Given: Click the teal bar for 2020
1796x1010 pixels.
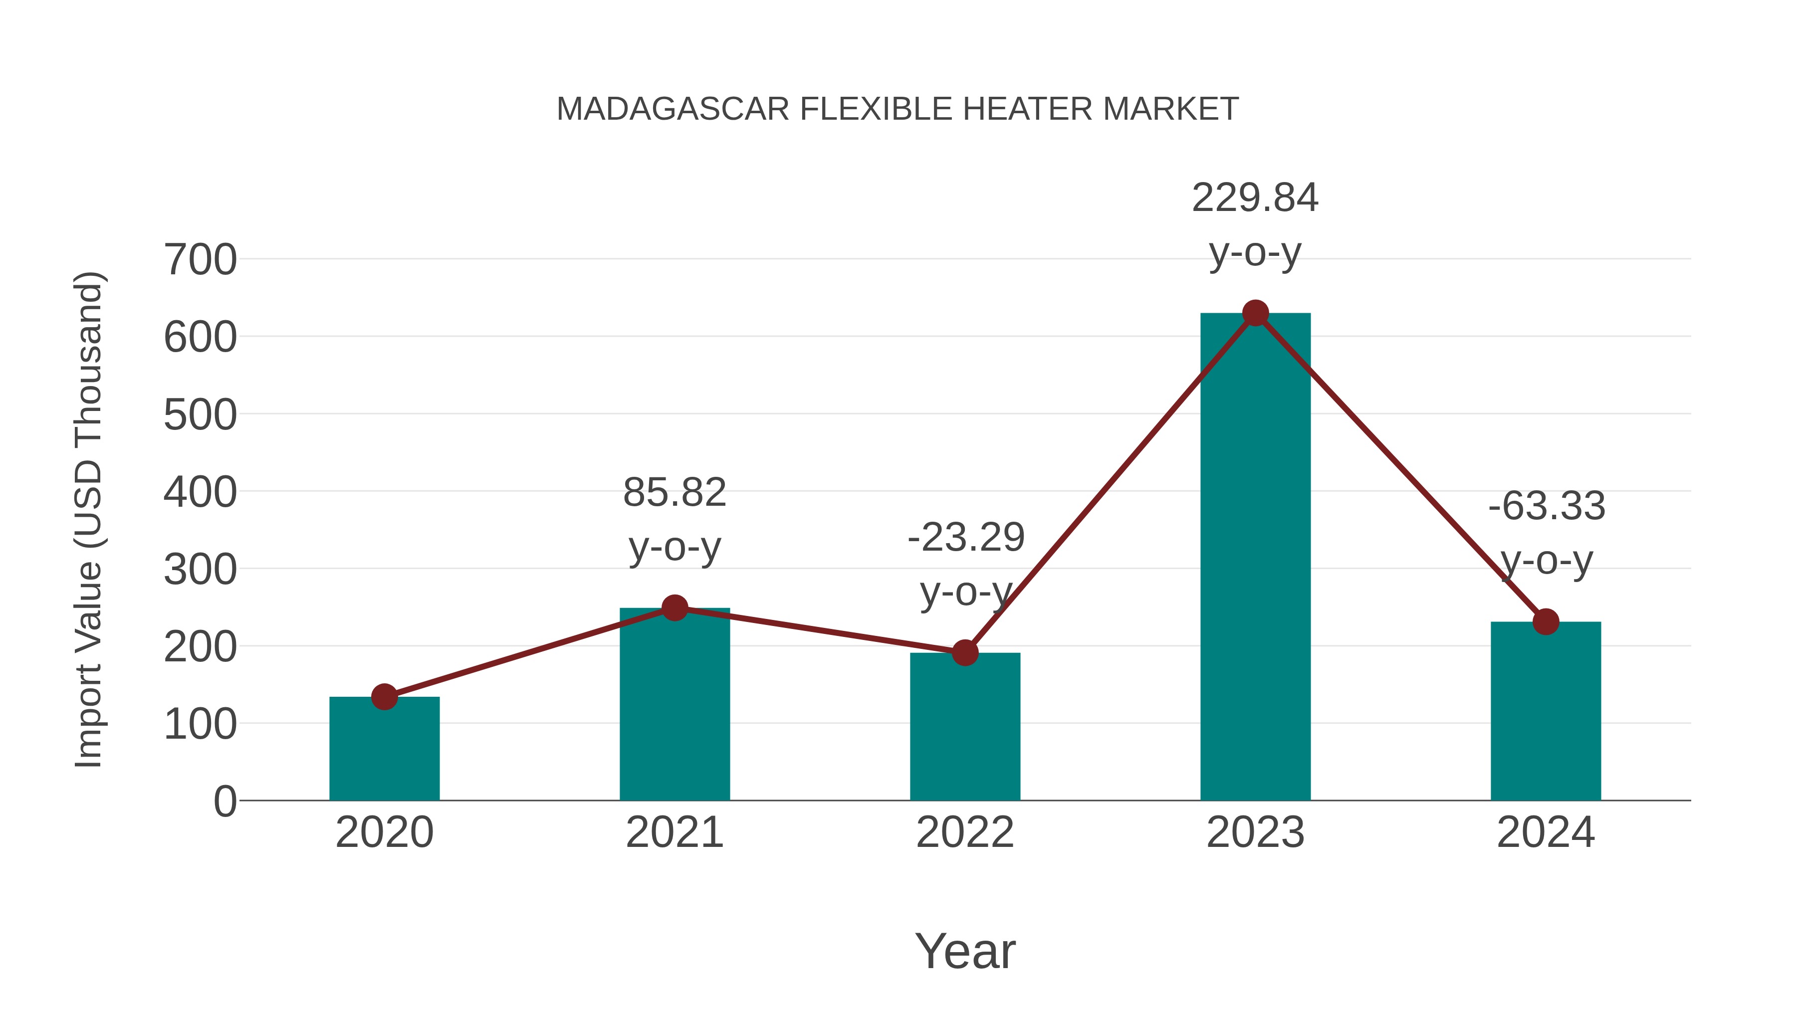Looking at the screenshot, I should click(384, 749).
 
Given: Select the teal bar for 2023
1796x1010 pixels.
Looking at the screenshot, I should click(1255, 558).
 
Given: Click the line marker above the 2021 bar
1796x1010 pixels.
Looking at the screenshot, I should click(674, 608).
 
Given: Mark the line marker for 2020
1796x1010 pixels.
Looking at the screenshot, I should click(384, 696).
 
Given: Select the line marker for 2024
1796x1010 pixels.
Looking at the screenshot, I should click(1546, 622).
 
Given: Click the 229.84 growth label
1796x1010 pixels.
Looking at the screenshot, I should click(1255, 198).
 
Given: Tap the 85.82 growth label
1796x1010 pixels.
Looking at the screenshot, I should click(674, 493).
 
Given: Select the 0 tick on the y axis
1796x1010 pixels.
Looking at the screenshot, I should click(224, 802).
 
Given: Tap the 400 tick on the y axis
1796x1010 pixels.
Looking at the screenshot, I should click(200, 492).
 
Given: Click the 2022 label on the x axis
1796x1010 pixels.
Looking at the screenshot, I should click(965, 832).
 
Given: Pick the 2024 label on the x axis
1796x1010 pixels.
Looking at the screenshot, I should click(1546, 832).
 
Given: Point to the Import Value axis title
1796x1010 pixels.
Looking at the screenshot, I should click(89, 519).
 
